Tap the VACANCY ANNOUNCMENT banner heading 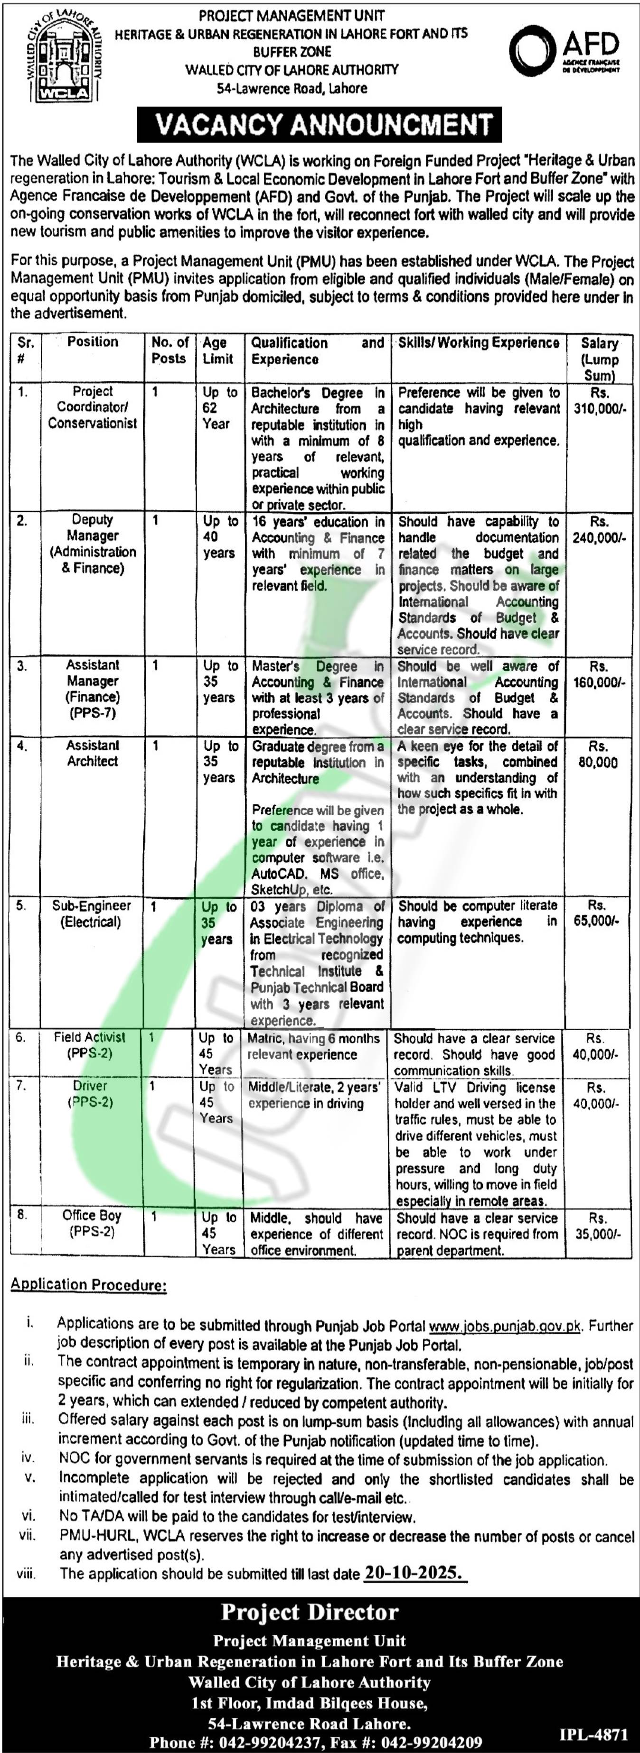pyautogui.click(x=320, y=125)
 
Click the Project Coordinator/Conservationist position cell pyautogui.click(x=93, y=407)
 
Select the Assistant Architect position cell pyautogui.click(x=93, y=753)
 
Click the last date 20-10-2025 pyautogui.click(x=413, y=1573)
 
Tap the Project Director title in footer pyautogui.click(x=310, y=1612)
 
